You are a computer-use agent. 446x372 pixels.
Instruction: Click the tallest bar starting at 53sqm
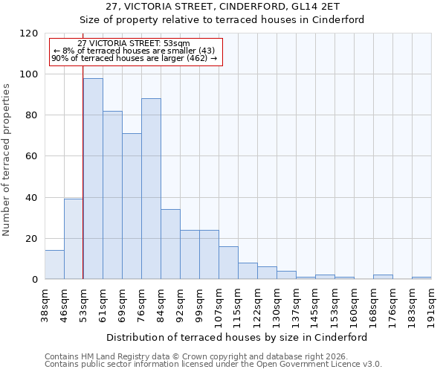coord(93,179)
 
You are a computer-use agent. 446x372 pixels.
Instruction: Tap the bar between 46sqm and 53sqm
coord(74,239)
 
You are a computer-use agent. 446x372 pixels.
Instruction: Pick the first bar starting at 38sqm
coord(54,265)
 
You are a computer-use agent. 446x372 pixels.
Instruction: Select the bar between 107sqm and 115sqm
coord(228,263)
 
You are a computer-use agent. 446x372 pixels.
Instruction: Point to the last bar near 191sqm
coord(421,278)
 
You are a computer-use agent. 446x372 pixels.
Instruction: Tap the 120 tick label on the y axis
coord(29,33)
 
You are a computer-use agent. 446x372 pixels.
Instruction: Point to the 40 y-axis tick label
coord(32,198)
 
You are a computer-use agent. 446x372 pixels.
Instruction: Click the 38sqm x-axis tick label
coord(45,304)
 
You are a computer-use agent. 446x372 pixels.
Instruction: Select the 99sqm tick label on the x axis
coord(200,304)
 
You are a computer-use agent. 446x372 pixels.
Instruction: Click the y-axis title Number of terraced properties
coord(7,160)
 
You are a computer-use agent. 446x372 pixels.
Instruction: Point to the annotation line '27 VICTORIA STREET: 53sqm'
coord(134,44)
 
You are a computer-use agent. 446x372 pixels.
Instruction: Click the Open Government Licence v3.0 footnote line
coord(213,365)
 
